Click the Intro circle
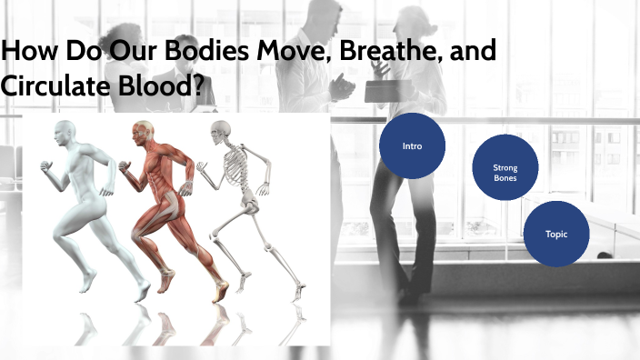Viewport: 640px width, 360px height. pos(411,145)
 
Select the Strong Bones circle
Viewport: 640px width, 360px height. pos(505,173)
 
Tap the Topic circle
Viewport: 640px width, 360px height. pos(555,234)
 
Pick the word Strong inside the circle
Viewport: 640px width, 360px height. pos(505,167)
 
